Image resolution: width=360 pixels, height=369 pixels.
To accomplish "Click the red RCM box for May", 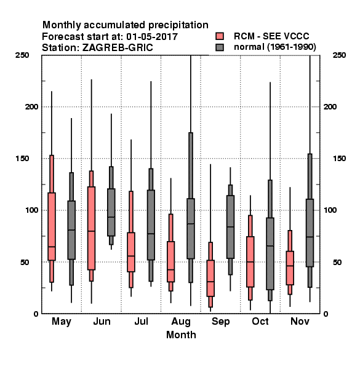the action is [52, 226].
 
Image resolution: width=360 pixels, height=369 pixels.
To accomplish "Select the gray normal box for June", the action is [111, 212].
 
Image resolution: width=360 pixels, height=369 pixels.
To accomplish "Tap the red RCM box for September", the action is [210, 278].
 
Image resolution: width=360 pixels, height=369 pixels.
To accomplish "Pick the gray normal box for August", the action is [191, 229].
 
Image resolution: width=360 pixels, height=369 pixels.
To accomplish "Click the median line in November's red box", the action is [290, 266].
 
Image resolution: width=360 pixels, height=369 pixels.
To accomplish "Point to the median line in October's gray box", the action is [270, 245].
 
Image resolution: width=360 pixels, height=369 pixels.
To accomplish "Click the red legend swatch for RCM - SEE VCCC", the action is [220, 36].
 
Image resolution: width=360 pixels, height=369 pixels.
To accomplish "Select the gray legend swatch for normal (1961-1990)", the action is [220, 47].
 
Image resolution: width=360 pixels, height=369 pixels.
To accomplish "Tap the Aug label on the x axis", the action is [181, 322].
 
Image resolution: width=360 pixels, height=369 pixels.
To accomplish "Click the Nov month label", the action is [300, 321].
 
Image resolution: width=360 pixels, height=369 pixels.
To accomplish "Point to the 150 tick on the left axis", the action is [22, 159].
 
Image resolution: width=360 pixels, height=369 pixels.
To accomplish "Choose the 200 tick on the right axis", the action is [330, 106].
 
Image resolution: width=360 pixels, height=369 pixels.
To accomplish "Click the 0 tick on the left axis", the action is [36, 314].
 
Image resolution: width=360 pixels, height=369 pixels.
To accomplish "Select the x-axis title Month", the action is [181, 335].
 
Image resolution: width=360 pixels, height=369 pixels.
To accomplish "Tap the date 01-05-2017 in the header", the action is [152, 37].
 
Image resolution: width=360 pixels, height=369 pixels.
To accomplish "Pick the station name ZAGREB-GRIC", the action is [118, 48].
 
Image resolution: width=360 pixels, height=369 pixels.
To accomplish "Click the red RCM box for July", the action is [131, 252].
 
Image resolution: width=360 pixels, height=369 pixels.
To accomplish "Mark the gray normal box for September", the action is [230, 227].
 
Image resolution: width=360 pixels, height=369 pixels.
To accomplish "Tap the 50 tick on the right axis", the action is [337, 262].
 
